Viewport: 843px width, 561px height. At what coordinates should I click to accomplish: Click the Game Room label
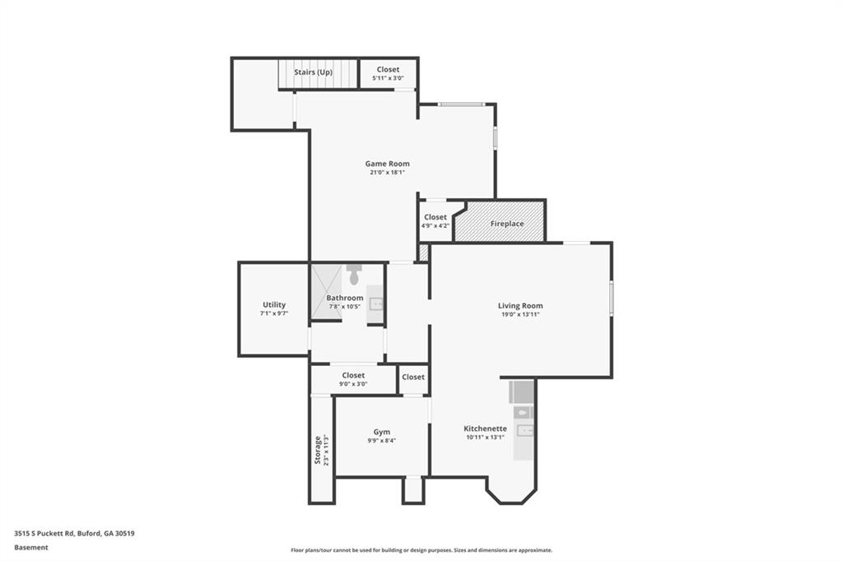click(387, 164)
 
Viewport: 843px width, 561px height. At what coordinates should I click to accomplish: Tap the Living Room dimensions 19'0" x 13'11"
click(520, 314)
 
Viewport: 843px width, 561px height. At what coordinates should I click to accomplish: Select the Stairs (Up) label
click(313, 72)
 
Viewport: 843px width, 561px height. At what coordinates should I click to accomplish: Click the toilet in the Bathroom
click(353, 275)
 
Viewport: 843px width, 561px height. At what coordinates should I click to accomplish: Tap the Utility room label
click(274, 304)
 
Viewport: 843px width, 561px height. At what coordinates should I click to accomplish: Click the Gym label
click(382, 432)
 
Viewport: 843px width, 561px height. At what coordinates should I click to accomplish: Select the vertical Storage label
click(317, 450)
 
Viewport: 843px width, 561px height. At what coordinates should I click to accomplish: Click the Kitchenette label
click(485, 429)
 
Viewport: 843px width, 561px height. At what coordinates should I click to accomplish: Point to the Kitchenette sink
click(524, 430)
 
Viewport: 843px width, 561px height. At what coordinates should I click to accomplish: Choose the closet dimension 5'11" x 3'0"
click(388, 78)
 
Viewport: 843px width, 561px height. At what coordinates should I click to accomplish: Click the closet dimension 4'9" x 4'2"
click(435, 225)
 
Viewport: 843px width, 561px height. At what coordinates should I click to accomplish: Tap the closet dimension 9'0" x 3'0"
click(353, 383)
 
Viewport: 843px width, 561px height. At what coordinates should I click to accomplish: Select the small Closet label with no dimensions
click(413, 377)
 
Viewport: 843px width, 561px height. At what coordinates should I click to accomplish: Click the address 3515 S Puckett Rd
click(44, 534)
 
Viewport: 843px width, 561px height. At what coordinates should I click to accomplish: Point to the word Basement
click(31, 548)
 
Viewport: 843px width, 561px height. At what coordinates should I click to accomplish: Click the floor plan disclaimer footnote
click(421, 550)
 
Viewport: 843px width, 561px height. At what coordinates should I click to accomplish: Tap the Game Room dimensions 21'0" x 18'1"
click(387, 173)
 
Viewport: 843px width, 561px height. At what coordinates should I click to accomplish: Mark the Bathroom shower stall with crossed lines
click(327, 292)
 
